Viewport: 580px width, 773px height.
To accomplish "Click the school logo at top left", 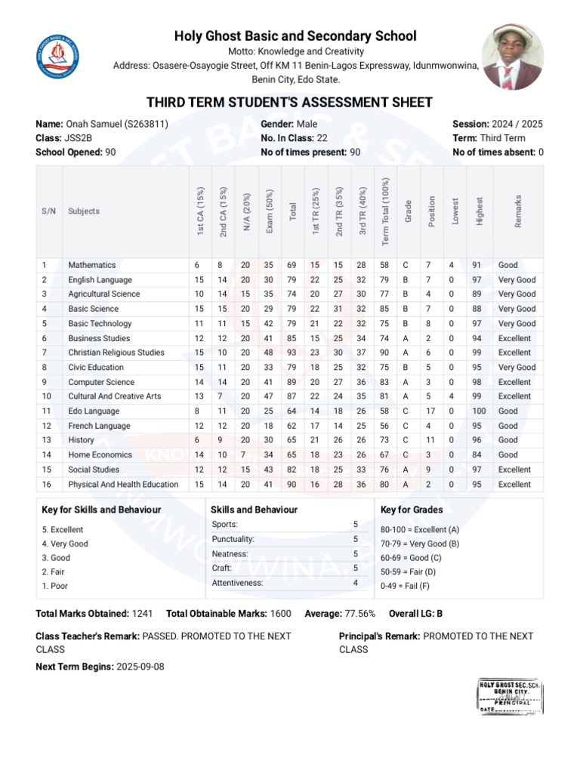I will pos(58,59).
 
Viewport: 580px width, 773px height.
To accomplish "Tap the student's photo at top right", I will pos(517,57).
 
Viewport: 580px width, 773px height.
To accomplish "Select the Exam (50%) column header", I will pos(269,211).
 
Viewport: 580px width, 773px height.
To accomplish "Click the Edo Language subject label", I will pos(94,411).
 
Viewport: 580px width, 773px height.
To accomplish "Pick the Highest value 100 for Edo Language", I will pos(479,411).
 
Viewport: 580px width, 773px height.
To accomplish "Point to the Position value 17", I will pos(429,411).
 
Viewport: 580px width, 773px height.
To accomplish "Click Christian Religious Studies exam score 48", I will pos(269,353).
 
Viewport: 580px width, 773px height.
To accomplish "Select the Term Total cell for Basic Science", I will pos(384,309).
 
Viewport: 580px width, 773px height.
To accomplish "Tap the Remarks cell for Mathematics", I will pos(508,265).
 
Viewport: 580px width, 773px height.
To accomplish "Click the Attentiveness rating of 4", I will pos(356,583).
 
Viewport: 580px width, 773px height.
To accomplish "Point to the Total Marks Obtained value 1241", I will pos(142,614).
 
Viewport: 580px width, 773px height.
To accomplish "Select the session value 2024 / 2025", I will pos(517,125).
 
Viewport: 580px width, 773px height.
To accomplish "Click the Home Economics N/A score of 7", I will pos(245,455).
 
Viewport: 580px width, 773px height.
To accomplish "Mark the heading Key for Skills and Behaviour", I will pos(101,510).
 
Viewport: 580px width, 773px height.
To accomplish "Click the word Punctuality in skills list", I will pos(233,539).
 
